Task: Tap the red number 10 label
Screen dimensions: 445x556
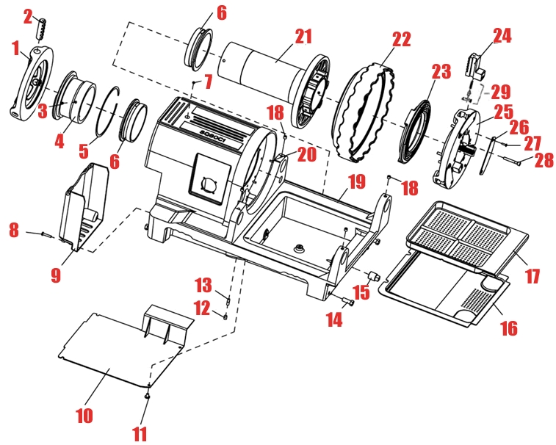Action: [84, 415]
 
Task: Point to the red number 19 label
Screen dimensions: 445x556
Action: [355, 181]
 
